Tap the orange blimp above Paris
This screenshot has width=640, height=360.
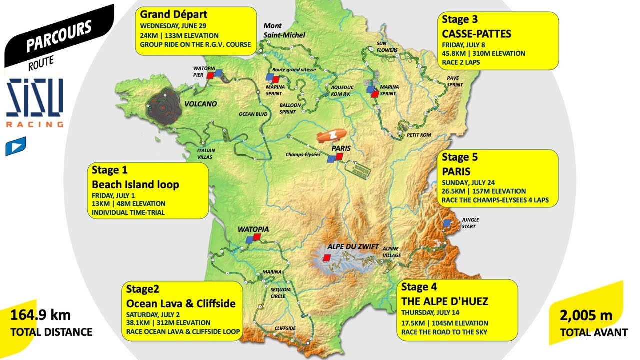330,136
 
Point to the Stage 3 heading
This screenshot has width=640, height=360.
460,20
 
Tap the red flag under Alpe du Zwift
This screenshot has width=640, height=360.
326,258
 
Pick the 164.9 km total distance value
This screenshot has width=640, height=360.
40,315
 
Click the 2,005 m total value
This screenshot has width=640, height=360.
586,315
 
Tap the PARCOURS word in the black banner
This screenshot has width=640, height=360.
59,35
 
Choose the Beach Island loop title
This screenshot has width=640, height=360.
135,184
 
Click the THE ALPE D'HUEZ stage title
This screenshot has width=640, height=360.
444,301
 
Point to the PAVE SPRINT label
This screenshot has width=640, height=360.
454,81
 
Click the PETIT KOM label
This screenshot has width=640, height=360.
419,135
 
